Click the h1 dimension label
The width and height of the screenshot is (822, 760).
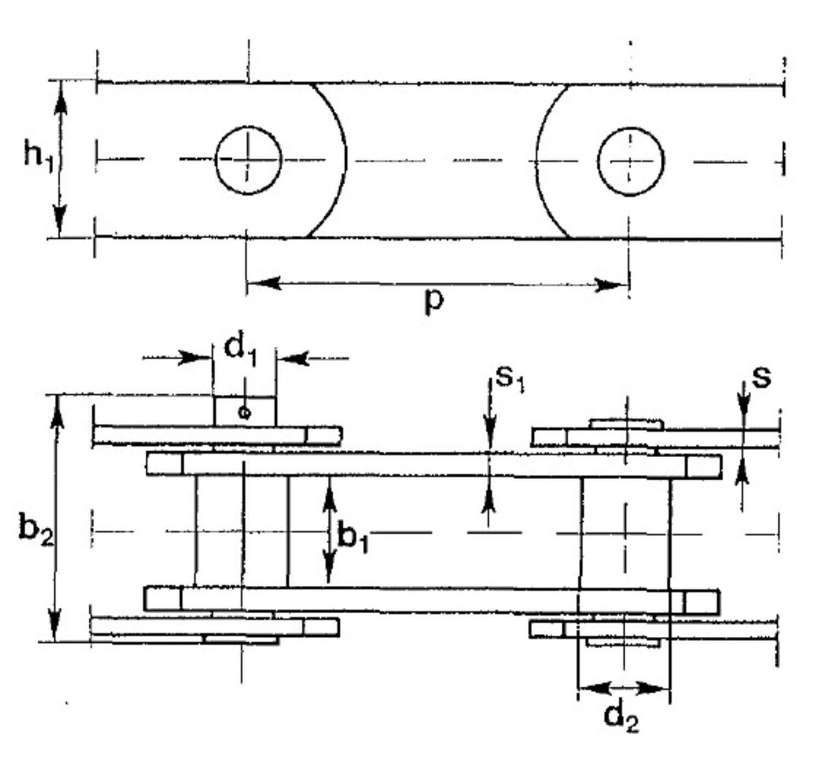(38, 158)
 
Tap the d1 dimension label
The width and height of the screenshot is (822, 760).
(240, 351)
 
